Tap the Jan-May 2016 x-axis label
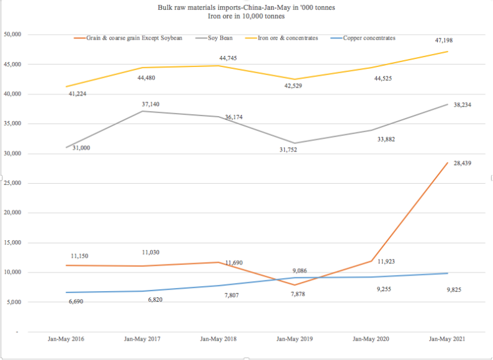click(66, 339)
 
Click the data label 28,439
click(461, 163)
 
